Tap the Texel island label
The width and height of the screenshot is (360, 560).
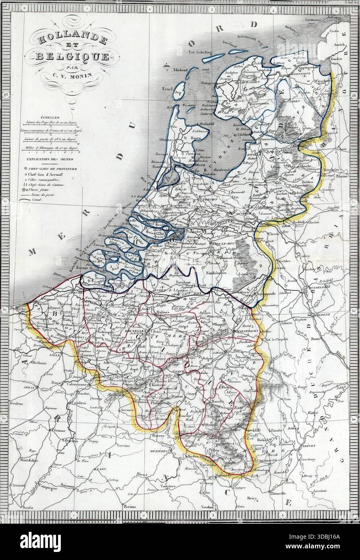(167, 88)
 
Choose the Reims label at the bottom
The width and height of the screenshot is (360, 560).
(129, 506)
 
